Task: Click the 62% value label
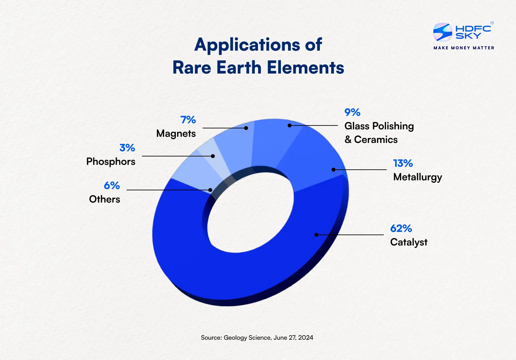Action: click(401, 228)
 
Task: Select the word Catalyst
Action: click(409, 242)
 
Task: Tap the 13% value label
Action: click(403, 163)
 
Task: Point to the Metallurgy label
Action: click(417, 177)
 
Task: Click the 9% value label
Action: click(352, 112)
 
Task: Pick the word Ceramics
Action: click(376, 140)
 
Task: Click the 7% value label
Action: click(188, 120)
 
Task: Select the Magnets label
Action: click(176, 134)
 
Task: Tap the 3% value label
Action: click(127, 148)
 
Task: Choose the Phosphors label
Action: click(111, 162)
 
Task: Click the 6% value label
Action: click(112, 185)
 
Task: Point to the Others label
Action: click(104, 199)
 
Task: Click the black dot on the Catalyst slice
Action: click(316, 235)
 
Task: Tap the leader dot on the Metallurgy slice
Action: click(333, 170)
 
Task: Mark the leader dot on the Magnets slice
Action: click(246, 128)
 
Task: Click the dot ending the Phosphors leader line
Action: click(213, 156)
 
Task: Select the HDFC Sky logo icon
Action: click(442, 32)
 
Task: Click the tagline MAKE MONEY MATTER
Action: click(464, 48)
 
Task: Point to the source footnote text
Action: click(257, 338)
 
